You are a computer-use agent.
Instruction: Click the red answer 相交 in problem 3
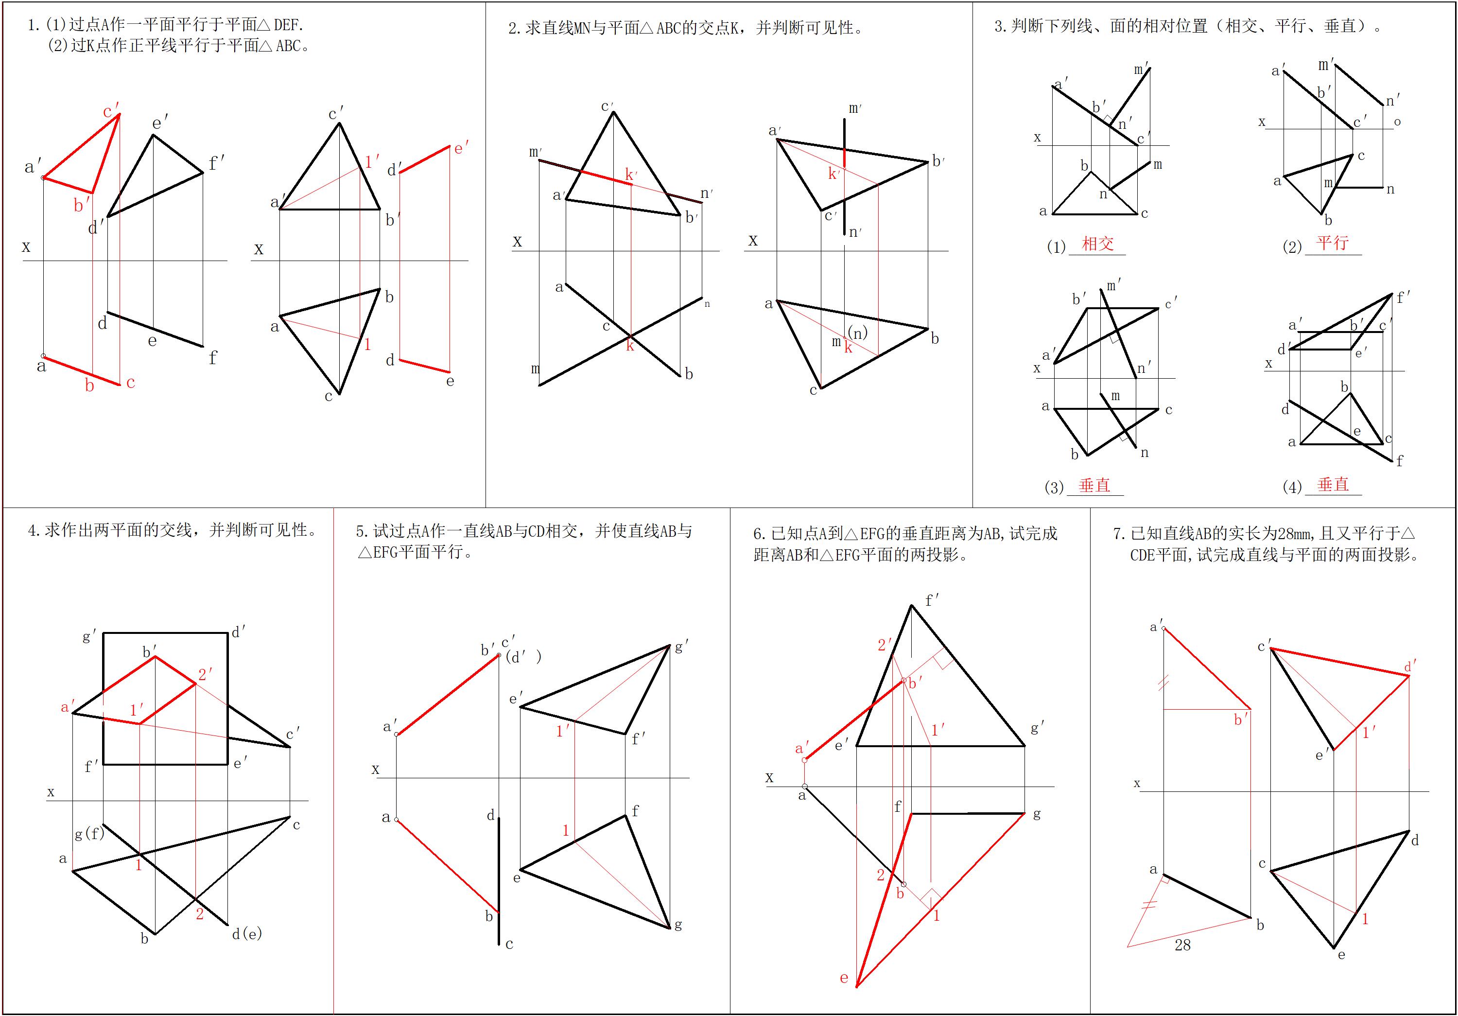1098,244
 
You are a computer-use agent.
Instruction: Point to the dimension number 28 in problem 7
1182,946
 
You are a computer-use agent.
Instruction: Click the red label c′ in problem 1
111,112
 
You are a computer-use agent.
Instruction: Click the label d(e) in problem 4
247,933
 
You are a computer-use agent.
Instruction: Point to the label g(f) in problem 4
89,833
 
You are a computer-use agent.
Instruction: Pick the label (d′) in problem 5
524,657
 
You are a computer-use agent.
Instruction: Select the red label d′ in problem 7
1410,666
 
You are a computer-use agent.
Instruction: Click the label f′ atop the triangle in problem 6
932,599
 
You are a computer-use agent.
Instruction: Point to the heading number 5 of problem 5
360,531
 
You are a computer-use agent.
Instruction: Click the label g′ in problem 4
89,636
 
